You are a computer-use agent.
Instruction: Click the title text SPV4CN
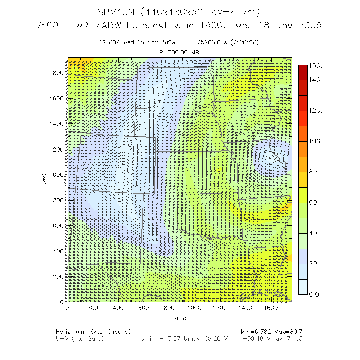tap(117, 13)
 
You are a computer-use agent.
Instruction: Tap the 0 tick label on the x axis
tap(67, 308)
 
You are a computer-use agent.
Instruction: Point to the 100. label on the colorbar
tap(316, 141)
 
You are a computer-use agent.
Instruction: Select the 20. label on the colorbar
tap(315, 264)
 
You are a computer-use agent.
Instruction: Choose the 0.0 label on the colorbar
tap(315, 294)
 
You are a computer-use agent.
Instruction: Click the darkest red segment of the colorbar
tap(303, 72)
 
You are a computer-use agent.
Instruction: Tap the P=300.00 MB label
tap(179, 53)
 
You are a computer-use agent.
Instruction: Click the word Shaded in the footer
tap(118, 331)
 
